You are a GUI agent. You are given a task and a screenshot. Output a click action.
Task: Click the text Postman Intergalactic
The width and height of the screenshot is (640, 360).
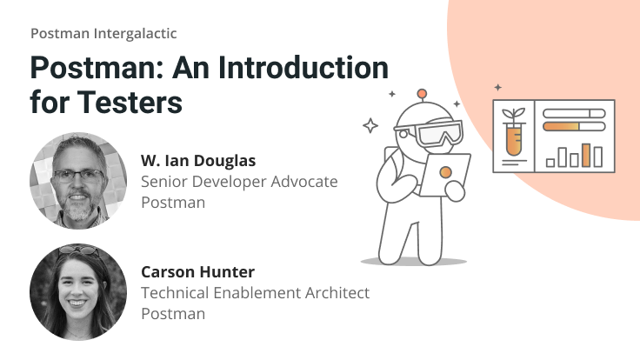pyautogui.click(x=103, y=33)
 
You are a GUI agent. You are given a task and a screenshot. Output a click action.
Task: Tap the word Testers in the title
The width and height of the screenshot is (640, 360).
pyautogui.click(x=130, y=102)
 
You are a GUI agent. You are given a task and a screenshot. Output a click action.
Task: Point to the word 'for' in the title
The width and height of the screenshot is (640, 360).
pyautogui.click(x=50, y=102)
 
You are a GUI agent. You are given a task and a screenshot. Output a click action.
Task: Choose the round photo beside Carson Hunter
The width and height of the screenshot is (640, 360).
pyautogui.click(x=77, y=290)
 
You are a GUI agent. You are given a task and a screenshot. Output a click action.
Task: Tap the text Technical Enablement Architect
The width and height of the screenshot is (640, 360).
pyautogui.click(x=255, y=293)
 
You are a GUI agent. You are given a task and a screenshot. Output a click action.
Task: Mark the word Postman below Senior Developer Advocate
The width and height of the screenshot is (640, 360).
pyautogui.click(x=173, y=202)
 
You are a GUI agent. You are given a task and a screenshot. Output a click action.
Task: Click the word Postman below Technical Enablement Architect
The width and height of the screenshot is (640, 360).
pyautogui.click(x=173, y=314)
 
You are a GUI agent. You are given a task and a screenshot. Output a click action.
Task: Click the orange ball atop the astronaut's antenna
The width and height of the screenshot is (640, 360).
pyautogui.click(x=422, y=93)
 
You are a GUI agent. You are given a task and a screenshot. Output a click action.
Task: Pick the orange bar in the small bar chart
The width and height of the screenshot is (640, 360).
pyautogui.click(x=586, y=155)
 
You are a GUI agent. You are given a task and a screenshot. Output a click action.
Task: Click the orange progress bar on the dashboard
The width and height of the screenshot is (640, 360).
pyautogui.click(x=563, y=127)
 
